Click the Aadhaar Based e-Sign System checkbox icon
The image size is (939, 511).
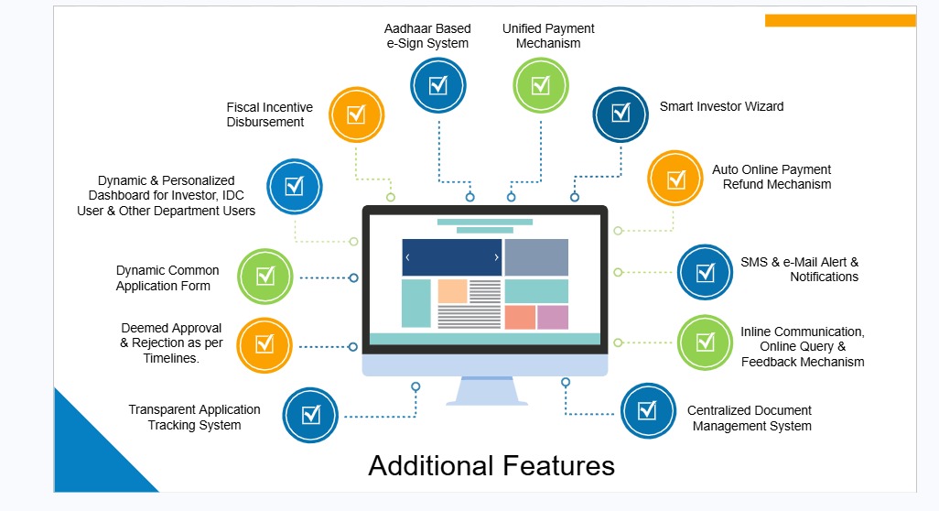(x=438, y=85)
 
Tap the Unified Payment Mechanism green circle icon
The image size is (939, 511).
(x=541, y=85)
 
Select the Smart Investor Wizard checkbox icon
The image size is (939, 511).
(x=621, y=114)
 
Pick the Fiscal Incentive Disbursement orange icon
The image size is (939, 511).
(x=355, y=114)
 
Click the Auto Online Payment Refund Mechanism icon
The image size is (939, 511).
(x=675, y=179)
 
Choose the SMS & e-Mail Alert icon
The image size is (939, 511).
(x=705, y=272)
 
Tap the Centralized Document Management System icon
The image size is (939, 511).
(x=647, y=410)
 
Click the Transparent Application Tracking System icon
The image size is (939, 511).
(x=311, y=415)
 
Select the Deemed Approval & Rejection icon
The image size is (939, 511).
(x=264, y=344)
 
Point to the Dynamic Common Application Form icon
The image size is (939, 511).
(x=265, y=275)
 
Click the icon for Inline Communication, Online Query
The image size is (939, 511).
(x=705, y=342)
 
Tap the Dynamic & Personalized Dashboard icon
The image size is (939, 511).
(x=294, y=186)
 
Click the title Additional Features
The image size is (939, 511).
(x=491, y=466)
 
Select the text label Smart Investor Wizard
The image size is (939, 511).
(x=721, y=106)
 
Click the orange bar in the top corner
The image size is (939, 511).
(x=839, y=20)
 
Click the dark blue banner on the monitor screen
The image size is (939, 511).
(x=452, y=257)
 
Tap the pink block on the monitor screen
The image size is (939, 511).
(x=553, y=318)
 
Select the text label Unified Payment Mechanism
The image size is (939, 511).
(x=548, y=36)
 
